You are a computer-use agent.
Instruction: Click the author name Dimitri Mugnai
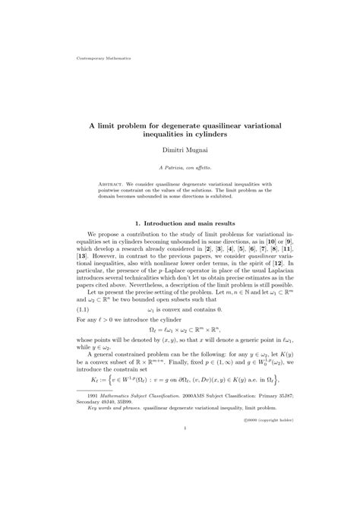coord(179,151)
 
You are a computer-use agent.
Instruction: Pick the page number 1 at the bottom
coord(180,471)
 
